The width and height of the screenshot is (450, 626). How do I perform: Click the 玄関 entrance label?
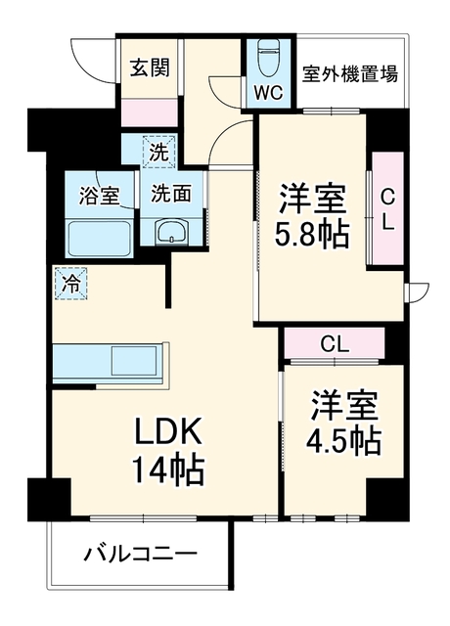tap(150, 67)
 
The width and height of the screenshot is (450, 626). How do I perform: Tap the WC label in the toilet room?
tap(269, 93)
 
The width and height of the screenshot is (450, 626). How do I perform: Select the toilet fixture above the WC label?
tap(269, 59)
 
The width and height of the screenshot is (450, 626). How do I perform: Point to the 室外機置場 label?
tap(350, 74)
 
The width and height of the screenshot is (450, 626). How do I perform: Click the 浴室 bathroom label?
tap(99, 196)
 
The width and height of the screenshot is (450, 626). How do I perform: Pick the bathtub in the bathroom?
tap(100, 239)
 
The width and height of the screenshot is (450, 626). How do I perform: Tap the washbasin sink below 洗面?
tap(172, 231)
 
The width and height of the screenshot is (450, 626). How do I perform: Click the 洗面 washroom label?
tap(171, 194)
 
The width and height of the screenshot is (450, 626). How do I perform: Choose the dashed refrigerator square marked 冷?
tap(71, 284)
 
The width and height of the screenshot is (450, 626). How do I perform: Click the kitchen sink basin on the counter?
tap(134, 361)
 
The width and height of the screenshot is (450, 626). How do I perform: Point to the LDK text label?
tap(168, 430)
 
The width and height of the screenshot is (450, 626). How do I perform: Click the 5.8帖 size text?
tap(312, 233)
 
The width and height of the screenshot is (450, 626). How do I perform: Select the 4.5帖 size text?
tap(342, 441)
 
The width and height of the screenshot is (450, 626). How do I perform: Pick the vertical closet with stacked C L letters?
tap(387, 208)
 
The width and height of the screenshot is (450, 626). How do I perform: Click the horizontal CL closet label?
tap(336, 344)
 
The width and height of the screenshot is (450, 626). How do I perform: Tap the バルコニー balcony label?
tap(140, 554)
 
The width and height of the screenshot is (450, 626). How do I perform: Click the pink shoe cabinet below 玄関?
tap(150, 113)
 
